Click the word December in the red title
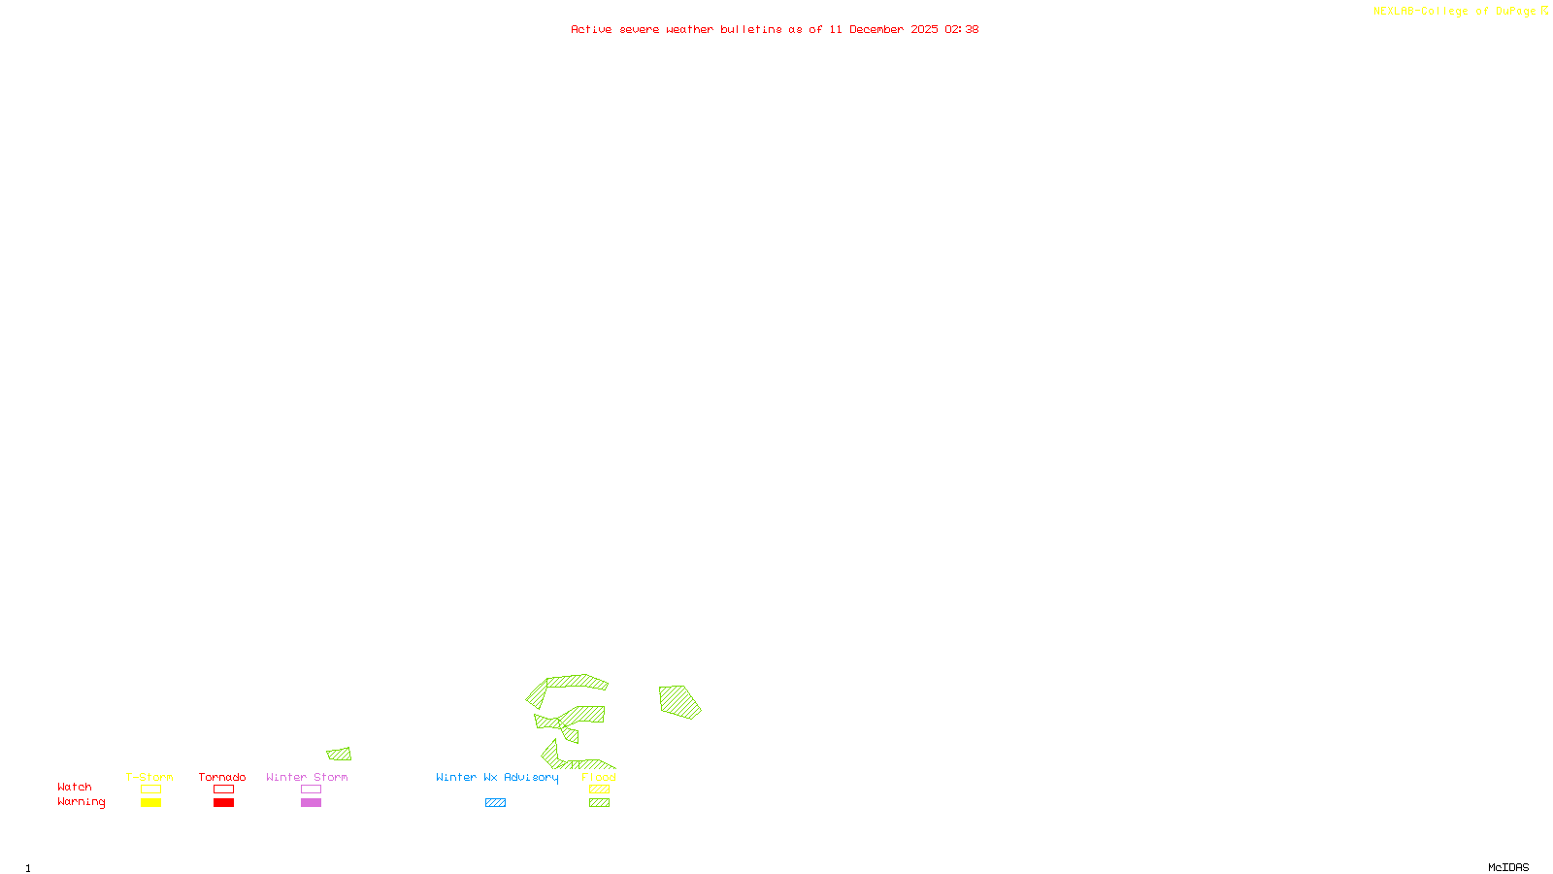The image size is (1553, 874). tap(876, 29)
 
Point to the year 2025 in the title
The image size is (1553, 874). tap(924, 29)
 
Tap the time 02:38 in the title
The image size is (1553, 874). tap(961, 29)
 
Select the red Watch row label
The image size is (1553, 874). tap(75, 787)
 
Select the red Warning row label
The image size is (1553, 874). tap(81, 802)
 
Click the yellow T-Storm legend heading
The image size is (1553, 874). tap(149, 777)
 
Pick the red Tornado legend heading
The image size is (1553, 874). tap(222, 777)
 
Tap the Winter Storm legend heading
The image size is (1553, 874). tap(307, 777)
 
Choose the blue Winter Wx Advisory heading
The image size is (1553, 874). tap(497, 777)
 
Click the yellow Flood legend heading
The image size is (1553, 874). tap(599, 777)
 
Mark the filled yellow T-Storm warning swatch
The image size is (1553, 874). tap(150, 803)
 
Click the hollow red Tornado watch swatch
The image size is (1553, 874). tap(223, 790)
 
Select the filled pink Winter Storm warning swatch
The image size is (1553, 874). tap(311, 803)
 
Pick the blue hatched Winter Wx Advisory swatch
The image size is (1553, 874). tap(495, 803)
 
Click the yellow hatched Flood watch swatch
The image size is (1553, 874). tap(600, 790)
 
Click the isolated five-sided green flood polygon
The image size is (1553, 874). tap(678, 701)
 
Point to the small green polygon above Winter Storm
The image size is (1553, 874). tap(339, 754)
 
